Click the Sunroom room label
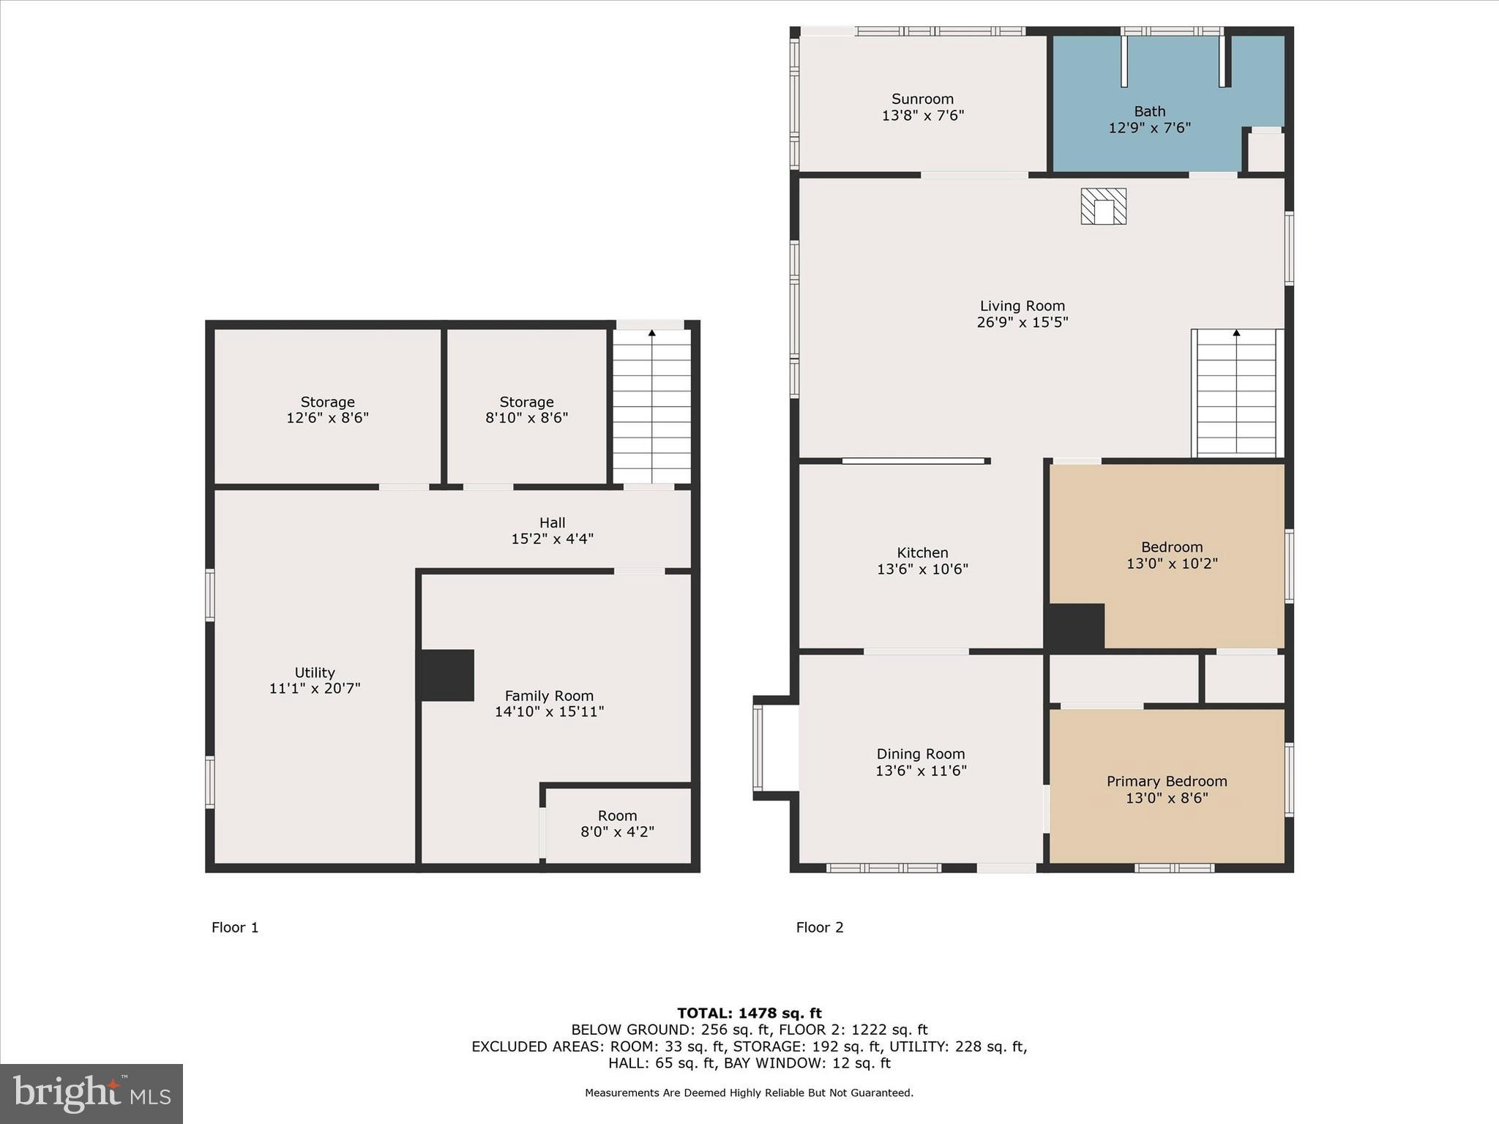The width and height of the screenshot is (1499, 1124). [x=922, y=99]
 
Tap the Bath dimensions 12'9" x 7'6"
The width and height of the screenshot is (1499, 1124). [x=1149, y=128]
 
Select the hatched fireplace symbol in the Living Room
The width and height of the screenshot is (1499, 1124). [x=1103, y=206]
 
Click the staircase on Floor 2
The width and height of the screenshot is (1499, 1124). [x=1236, y=394]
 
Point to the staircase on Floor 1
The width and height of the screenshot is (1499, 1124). [x=651, y=406]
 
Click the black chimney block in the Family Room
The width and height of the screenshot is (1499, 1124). [x=446, y=675]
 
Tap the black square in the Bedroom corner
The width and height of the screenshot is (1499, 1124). [x=1074, y=627]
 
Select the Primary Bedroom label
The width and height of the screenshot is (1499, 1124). [x=1166, y=781]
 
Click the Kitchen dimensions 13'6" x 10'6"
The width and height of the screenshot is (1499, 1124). [x=922, y=569]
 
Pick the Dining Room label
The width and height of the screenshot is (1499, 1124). [x=921, y=754]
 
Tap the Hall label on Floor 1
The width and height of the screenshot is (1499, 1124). [x=552, y=522]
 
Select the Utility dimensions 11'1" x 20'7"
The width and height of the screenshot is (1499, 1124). [x=315, y=689]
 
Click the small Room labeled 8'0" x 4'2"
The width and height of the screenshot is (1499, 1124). [x=617, y=824]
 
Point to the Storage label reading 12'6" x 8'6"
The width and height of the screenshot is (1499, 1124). [x=327, y=410]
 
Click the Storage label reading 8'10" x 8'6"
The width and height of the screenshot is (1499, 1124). [x=526, y=410]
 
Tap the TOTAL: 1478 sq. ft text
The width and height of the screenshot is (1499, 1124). [x=749, y=1014]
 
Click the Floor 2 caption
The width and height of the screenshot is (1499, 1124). [x=819, y=927]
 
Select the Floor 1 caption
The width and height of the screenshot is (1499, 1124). [x=235, y=927]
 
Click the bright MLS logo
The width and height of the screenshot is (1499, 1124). [x=91, y=1093]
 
